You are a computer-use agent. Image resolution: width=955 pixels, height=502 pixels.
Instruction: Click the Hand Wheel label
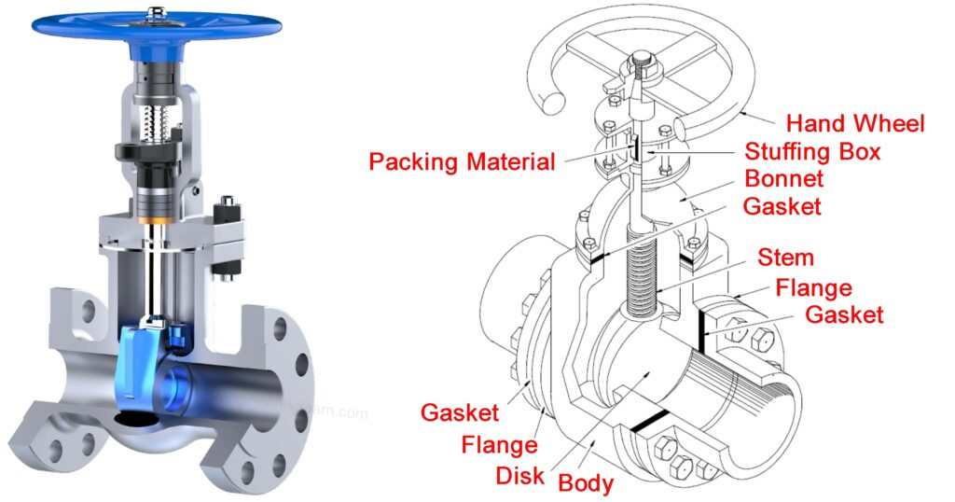click(854, 123)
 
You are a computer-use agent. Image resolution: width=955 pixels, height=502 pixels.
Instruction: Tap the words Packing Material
click(462, 160)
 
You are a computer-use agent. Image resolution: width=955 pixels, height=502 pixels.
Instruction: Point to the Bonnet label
click(782, 178)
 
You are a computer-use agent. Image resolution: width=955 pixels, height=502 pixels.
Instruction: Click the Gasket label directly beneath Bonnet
click(782, 205)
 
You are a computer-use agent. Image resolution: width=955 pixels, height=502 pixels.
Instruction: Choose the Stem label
click(784, 258)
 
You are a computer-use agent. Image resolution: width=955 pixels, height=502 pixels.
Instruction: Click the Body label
click(586, 483)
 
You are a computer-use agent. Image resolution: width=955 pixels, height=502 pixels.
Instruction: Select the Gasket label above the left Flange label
click(460, 411)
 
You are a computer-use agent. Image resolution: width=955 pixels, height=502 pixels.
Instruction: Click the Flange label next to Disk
click(499, 445)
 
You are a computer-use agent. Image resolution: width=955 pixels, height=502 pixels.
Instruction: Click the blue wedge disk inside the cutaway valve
click(141, 359)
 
